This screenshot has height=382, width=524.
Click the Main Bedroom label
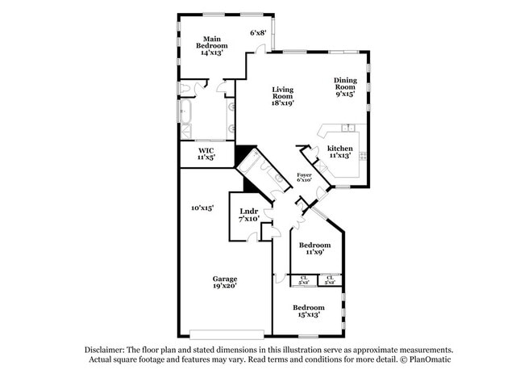pos(212,43)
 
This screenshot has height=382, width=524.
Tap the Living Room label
pos(282,95)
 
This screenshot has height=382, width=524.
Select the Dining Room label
pos(345,86)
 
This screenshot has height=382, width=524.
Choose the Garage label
pos(225,279)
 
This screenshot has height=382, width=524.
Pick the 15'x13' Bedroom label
pos(308,311)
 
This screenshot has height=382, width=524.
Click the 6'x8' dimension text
pos(258,33)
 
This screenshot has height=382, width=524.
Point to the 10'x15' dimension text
pos(202,208)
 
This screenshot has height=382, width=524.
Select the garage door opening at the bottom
pos(227,333)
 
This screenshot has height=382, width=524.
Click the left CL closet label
pos(304,279)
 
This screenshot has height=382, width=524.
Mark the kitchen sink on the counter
pos(347,128)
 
